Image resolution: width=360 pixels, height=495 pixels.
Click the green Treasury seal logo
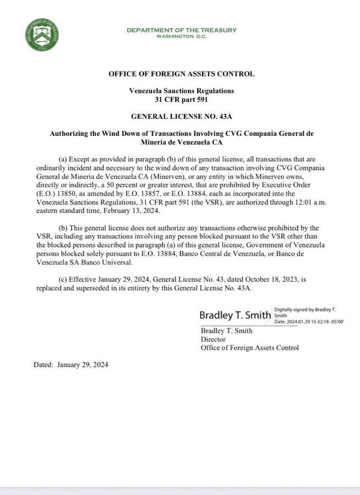pyautogui.click(x=42, y=35)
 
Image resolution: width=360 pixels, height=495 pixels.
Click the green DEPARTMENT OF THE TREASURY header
pyautogui.click(x=182, y=30)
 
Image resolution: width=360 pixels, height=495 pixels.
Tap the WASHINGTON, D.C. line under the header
pyautogui.click(x=182, y=36)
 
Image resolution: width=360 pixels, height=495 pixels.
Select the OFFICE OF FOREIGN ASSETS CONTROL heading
pyautogui.click(x=182, y=74)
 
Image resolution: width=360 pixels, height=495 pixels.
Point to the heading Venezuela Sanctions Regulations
pyautogui.click(x=182, y=90)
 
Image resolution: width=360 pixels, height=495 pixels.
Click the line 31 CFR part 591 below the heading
pyautogui.click(x=182, y=100)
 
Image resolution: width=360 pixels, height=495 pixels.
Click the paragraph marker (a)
pyautogui.click(x=62, y=159)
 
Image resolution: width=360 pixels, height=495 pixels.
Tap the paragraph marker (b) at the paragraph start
pyautogui.click(x=62, y=228)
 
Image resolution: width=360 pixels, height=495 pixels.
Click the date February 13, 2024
pyautogui.click(x=130, y=211)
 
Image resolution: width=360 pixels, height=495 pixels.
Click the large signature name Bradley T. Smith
pyautogui.click(x=235, y=315)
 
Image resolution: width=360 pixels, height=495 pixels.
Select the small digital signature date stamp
pyautogui.click(x=308, y=321)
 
